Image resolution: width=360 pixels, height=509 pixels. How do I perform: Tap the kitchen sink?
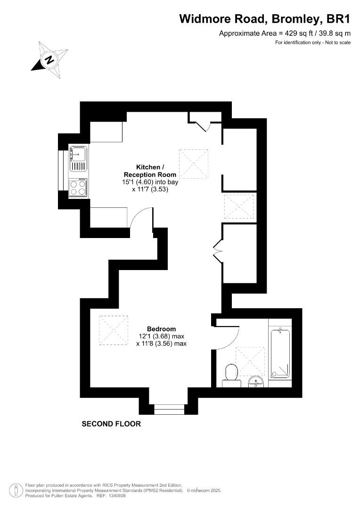click(78, 159)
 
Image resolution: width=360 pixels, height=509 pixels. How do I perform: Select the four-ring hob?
click(78, 188)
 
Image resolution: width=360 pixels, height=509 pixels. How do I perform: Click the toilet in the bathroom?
click(231, 373)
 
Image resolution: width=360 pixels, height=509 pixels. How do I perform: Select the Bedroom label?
click(161, 329)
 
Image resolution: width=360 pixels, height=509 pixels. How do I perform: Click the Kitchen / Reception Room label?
click(150, 171)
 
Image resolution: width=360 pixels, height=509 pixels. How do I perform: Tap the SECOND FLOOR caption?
click(111, 424)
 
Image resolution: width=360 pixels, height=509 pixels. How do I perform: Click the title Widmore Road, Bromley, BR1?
click(265, 19)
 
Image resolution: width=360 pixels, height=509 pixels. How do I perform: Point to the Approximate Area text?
click(285, 33)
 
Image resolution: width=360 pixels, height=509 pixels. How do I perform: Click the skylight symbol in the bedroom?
click(114, 331)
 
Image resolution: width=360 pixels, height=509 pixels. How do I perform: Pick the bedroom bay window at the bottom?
click(169, 409)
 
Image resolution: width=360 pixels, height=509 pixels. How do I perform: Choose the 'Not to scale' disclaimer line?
click(313, 43)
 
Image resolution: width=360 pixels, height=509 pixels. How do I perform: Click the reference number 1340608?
click(117, 496)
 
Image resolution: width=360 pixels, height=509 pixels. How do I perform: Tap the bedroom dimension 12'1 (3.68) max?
click(161, 337)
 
